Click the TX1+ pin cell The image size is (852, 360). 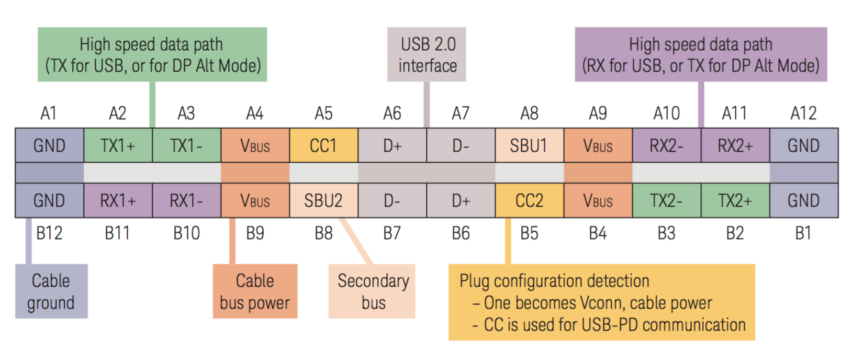tap(118, 145)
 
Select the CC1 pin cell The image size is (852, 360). tap(323, 145)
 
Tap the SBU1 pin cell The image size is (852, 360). tap(530, 145)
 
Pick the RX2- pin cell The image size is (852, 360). tap(667, 145)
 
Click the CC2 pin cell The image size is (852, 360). tap(530, 200)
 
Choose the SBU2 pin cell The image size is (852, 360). tap(323, 200)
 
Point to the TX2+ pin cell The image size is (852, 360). tap(736, 200)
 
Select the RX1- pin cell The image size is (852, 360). tap(186, 200)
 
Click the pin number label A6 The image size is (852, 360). tap(392, 113)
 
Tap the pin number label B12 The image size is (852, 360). tap(49, 233)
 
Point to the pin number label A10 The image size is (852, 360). tap(667, 113)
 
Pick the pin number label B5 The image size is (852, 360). tap(530, 233)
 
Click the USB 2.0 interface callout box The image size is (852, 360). tap(427, 54)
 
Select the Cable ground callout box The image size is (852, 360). tap(51, 291)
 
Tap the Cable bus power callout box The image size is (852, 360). tap(255, 291)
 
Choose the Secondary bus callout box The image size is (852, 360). tap(372, 291)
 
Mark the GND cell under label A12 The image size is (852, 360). tap(804, 145)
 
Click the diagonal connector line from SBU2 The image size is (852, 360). tap(356, 241)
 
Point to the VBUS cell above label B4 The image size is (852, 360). tap(598, 200)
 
